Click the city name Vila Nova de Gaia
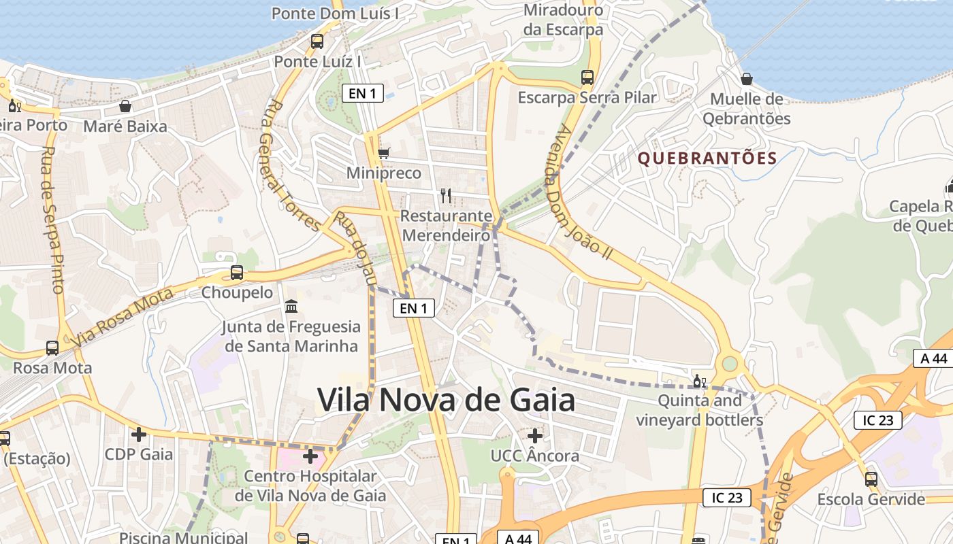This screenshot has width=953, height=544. (446, 400)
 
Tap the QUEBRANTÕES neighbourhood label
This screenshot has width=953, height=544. (707, 158)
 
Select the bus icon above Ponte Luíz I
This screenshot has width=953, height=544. (317, 41)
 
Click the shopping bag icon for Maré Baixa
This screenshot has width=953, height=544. (125, 106)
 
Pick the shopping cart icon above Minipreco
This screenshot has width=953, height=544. (384, 153)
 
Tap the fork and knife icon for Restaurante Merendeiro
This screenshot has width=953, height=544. (446, 196)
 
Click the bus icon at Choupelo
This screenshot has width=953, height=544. (236, 273)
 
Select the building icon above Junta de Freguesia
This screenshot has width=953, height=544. (291, 307)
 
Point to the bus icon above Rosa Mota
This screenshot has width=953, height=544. (52, 348)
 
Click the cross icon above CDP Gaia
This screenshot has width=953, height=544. (139, 434)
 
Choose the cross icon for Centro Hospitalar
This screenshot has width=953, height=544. (310, 456)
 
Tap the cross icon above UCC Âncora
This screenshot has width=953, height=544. (535, 435)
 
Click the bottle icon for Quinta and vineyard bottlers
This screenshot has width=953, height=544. (699, 381)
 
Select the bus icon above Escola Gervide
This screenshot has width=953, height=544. (871, 479)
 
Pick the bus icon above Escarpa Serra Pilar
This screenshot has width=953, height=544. (587, 78)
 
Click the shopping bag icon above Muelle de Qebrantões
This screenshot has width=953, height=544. (747, 79)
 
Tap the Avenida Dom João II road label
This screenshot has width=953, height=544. (584, 194)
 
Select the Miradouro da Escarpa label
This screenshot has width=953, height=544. (563, 20)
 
